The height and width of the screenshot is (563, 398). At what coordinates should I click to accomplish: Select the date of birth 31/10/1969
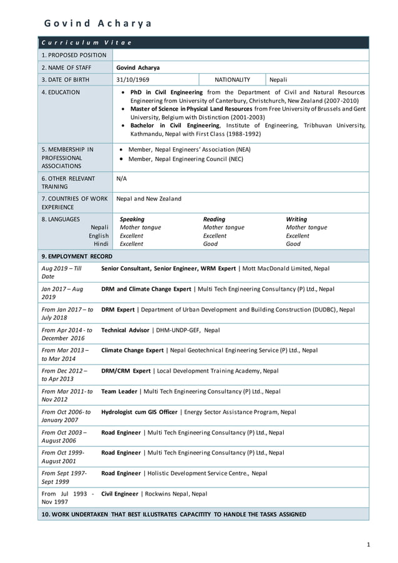pyautogui.click(x=133, y=80)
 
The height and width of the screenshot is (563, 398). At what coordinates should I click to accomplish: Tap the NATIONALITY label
pyautogui.click(x=232, y=80)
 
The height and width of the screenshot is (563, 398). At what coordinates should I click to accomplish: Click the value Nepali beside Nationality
pyautogui.click(x=278, y=80)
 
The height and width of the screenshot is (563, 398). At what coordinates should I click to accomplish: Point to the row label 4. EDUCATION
pyautogui.click(x=61, y=92)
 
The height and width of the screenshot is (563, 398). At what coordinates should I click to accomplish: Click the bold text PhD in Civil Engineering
pyautogui.click(x=166, y=92)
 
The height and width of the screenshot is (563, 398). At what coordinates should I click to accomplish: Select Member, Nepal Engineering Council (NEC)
pyautogui.click(x=185, y=159)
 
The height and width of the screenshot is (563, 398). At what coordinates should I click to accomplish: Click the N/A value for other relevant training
pyautogui.click(x=122, y=179)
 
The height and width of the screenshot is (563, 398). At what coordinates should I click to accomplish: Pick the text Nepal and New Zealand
pyautogui.click(x=149, y=198)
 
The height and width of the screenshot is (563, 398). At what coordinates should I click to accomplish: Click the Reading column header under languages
pyautogui.click(x=214, y=219)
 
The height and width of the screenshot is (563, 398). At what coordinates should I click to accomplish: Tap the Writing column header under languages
pyautogui.click(x=296, y=219)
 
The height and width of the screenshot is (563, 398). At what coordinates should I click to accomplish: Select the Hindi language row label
pyautogui.click(x=101, y=244)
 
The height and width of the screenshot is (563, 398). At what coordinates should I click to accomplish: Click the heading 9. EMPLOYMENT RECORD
pyautogui.click(x=77, y=257)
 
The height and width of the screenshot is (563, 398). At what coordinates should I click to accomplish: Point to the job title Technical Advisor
pyautogui.click(x=125, y=330)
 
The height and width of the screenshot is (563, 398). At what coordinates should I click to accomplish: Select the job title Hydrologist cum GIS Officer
pyautogui.click(x=139, y=412)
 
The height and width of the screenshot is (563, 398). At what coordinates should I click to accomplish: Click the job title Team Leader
pyautogui.click(x=119, y=391)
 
